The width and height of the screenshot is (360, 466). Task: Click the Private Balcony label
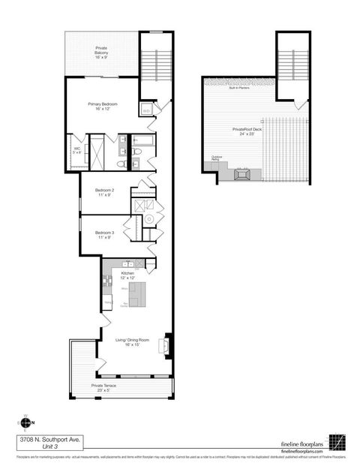(x=100, y=52)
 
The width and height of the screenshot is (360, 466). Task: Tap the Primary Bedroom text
(x=103, y=106)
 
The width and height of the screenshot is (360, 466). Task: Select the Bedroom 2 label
(x=104, y=191)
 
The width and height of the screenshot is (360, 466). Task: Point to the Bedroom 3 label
(x=104, y=233)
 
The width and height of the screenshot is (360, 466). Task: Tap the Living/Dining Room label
(x=131, y=341)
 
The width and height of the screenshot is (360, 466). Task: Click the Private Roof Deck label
(x=247, y=131)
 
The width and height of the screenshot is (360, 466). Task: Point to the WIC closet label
(x=76, y=150)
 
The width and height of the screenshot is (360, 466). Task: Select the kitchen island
(x=136, y=295)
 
